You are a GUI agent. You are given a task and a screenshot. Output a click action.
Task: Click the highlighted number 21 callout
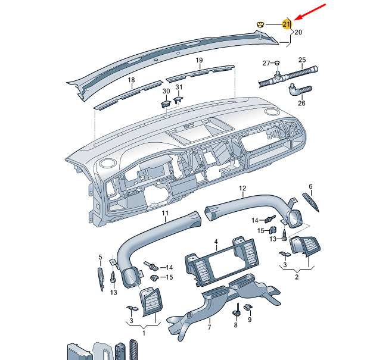[x=286, y=24]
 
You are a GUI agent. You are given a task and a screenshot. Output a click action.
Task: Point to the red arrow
[x=310, y=12]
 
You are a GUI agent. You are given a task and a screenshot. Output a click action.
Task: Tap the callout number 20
[x=298, y=32]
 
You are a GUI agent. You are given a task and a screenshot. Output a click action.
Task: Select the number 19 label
[x=199, y=60]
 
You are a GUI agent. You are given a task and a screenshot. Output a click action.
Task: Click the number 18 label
[x=131, y=80]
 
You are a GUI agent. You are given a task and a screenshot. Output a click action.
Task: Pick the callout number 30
[x=166, y=91]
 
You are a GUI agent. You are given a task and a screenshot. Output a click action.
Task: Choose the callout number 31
[x=179, y=87]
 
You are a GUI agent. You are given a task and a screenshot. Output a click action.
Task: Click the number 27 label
[x=266, y=63]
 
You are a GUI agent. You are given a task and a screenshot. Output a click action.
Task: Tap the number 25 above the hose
[x=302, y=60]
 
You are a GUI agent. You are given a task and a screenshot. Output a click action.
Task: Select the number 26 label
[x=301, y=103]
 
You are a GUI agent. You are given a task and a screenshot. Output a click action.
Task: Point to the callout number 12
[x=242, y=188]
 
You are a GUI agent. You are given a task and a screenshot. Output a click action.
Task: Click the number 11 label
[x=165, y=213]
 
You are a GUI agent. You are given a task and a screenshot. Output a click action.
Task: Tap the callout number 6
[x=310, y=186]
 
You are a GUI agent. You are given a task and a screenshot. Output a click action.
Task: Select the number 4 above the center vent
[x=216, y=242]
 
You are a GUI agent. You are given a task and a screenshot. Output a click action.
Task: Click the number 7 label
[x=209, y=327]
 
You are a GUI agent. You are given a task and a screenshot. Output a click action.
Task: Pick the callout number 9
[x=250, y=320]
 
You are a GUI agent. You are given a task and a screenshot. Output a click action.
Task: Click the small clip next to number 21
[x=260, y=24]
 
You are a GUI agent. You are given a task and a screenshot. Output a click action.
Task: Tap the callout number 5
[x=100, y=258]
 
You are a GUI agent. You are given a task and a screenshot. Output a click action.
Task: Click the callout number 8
[x=236, y=325]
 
